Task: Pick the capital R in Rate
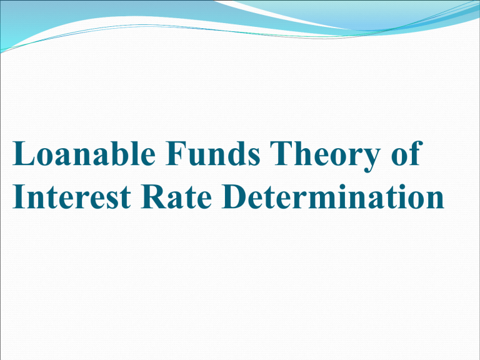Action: (x=159, y=199)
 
